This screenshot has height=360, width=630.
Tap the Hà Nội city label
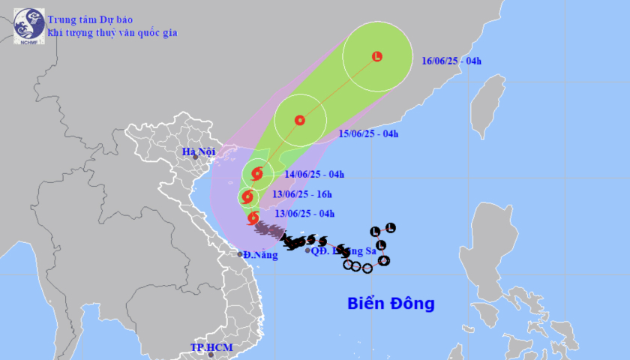[x=199, y=152]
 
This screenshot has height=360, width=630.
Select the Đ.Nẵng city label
[x=259, y=255]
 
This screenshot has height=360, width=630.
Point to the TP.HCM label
[x=211, y=347]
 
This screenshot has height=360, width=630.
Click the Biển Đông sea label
[x=391, y=304]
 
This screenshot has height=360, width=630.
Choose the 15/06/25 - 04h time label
[x=368, y=134]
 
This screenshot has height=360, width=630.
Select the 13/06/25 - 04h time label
[x=304, y=214]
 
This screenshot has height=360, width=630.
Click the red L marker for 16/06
[x=377, y=55]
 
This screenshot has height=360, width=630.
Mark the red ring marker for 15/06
[x=300, y=120]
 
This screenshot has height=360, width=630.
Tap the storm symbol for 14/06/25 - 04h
[x=257, y=174]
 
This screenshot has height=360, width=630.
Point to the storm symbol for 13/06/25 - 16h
[x=247, y=197]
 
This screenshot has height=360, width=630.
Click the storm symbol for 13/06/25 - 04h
[x=252, y=217]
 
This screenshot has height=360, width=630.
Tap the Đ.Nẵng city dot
[x=240, y=254]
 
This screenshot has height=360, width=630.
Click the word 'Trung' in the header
[x=61, y=19]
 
